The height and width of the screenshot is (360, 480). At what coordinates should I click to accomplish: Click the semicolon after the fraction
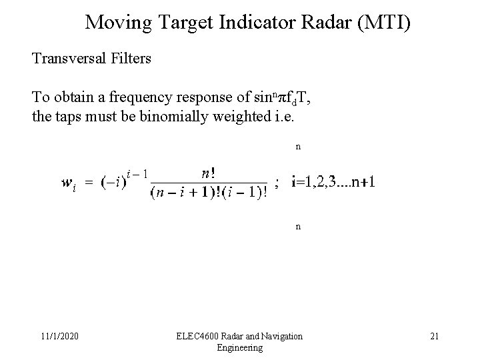tap(277, 184)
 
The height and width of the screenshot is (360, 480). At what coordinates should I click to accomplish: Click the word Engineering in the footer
tap(240, 348)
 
